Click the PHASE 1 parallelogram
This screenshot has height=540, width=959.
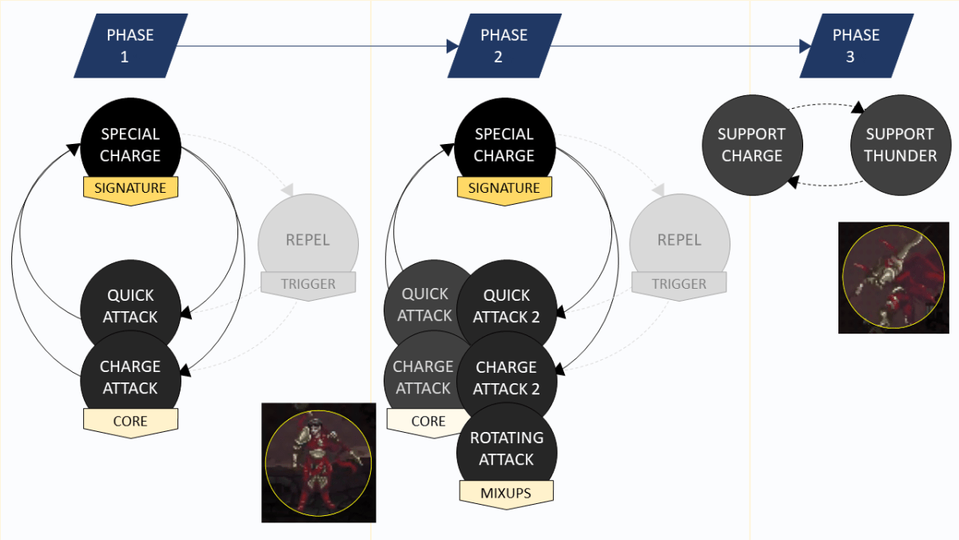click(x=130, y=46)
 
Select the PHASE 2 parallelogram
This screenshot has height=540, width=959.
click(x=503, y=46)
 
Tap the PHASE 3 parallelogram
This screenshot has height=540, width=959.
click(x=856, y=46)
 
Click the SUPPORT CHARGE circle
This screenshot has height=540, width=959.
click(x=752, y=145)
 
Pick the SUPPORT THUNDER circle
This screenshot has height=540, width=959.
click(x=900, y=145)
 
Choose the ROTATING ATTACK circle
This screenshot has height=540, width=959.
click(x=506, y=449)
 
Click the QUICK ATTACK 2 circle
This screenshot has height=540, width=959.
click(x=506, y=306)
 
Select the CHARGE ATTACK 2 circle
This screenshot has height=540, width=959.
click(x=506, y=378)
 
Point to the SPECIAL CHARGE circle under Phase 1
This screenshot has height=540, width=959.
click(x=130, y=145)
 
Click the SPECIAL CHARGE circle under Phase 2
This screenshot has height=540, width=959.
click(x=503, y=145)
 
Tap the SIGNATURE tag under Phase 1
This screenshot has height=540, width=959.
click(x=130, y=189)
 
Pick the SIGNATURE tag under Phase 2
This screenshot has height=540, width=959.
click(x=503, y=189)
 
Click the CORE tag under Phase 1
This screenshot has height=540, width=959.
click(x=130, y=421)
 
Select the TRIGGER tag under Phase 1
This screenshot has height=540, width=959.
click(x=308, y=284)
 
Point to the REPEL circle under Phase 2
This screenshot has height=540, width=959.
click(x=679, y=240)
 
